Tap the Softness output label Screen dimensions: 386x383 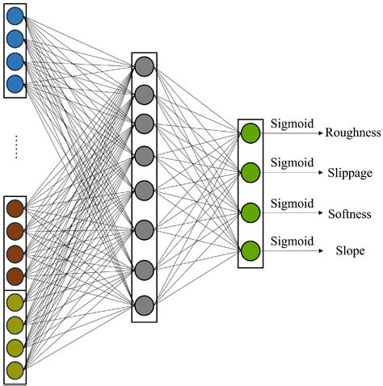(x=349, y=213)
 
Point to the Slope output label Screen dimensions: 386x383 (x=350, y=251)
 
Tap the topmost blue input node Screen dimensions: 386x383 (x=15, y=16)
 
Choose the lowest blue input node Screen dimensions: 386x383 (x=15, y=83)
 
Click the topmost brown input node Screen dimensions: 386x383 (x=15, y=209)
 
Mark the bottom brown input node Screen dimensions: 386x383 (x=15, y=276)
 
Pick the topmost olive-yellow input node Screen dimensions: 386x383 (x=15, y=302)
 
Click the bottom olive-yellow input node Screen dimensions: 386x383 (x=15, y=370)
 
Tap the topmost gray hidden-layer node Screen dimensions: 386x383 (x=144, y=66)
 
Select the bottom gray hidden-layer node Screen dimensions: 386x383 (x=144, y=305)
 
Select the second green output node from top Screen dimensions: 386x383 (x=250, y=173)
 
